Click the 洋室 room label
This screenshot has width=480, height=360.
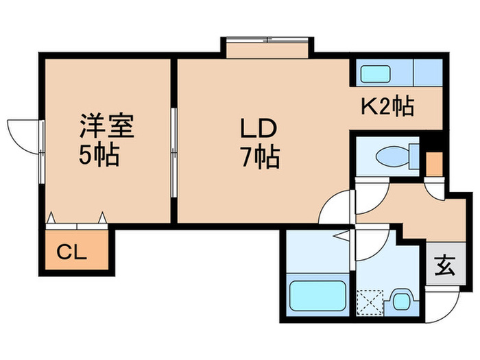pyautogui.click(x=105, y=128)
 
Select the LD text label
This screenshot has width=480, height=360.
pyautogui.click(x=257, y=129)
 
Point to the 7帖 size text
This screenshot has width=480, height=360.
pyautogui.click(x=258, y=158)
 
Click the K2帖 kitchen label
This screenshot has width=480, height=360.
pyautogui.click(x=387, y=107)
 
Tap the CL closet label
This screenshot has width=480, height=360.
pyautogui.click(x=71, y=252)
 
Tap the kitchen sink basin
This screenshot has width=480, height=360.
pyautogui.click(x=375, y=73)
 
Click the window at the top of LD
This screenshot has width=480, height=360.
pyautogui.click(x=267, y=39)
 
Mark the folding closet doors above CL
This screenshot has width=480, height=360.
pyautogui.click(x=77, y=221)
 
